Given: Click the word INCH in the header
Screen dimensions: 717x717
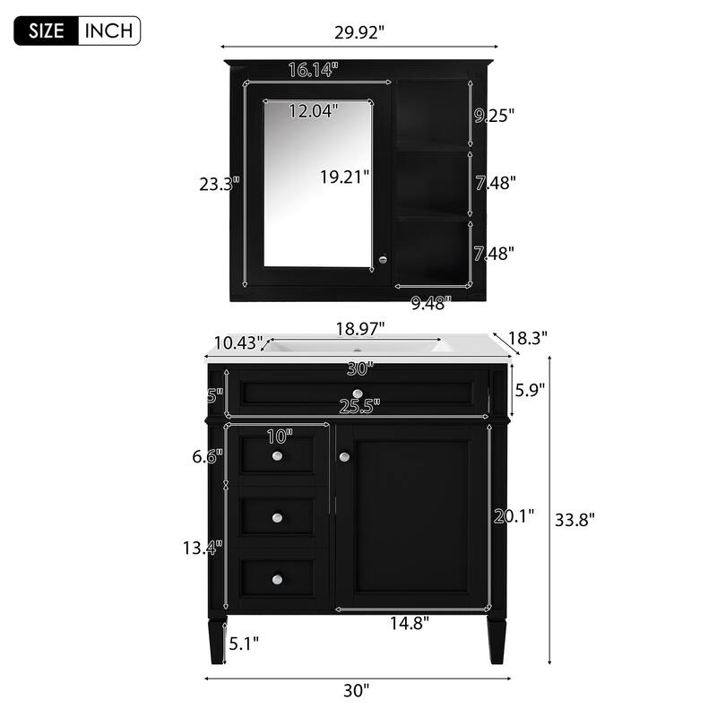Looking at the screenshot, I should click(x=109, y=30).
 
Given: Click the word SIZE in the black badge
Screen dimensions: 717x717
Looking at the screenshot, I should click(x=47, y=30).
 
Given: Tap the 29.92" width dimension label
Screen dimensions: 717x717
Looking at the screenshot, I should click(x=359, y=33).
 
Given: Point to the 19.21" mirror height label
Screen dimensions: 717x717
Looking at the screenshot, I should click(x=345, y=177).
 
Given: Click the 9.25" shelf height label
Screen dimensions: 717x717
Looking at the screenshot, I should click(x=494, y=115).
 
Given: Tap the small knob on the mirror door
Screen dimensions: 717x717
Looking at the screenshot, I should click(x=383, y=259).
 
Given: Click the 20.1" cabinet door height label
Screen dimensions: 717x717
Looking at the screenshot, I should click(x=514, y=515).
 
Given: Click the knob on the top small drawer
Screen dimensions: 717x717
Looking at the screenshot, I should click(x=278, y=458).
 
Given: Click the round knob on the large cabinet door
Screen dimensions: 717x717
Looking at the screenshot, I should click(x=344, y=457).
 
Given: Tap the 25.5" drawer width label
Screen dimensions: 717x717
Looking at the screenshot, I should click(x=357, y=407).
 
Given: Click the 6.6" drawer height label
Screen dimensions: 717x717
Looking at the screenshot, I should click(x=208, y=456).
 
